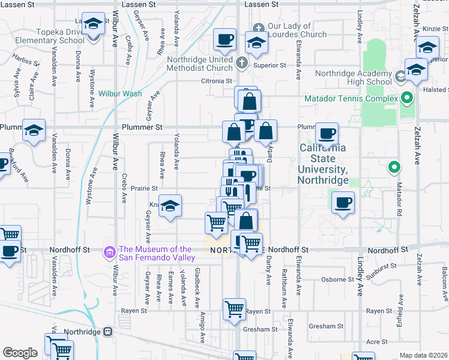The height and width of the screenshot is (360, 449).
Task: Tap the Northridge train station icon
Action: click(x=108, y=331)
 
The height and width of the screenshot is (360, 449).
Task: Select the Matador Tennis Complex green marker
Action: click(x=407, y=98)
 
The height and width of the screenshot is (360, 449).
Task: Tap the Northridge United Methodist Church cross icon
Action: click(x=241, y=62)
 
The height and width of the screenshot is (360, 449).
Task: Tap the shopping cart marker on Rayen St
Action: click(x=234, y=311)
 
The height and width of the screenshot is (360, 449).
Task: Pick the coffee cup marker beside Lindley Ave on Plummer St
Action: click(x=327, y=134)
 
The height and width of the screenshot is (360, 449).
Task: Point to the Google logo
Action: click(x=20, y=353)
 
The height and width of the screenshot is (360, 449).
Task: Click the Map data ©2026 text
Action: click(x=424, y=355)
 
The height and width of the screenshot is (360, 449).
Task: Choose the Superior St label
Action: click(x=269, y=65)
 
